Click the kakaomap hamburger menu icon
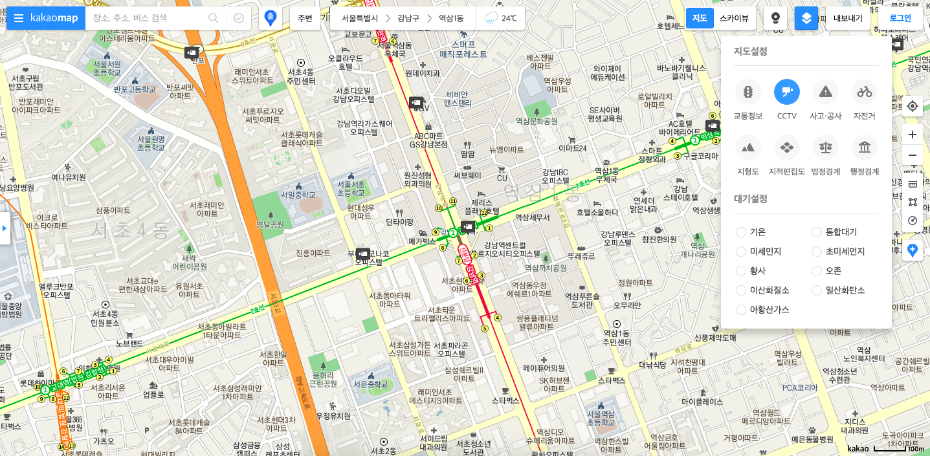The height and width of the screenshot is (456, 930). click(x=19, y=18)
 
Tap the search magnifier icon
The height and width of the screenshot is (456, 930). click(x=213, y=18)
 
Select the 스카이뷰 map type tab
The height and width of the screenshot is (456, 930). click(x=734, y=18)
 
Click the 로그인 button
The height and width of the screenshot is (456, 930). click(x=900, y=18)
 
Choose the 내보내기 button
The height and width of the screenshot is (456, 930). click(x=848, y=18)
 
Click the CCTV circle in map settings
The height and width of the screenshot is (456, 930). click(x=787, y=92)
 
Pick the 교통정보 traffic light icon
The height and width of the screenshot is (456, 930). click(x=748, y=92)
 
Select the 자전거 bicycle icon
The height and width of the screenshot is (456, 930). click(x=865, y=92)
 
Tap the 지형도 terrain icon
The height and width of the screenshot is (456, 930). click(x=748, y=147)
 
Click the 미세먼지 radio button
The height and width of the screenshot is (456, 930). click(x=741, y=252)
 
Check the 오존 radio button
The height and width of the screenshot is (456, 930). click(x=817, y=271)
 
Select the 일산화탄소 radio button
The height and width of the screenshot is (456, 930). click(x=817, y=290)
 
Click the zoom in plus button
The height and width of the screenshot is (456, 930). click(x=913, y=135)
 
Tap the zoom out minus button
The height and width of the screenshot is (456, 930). click(x=913, y=155)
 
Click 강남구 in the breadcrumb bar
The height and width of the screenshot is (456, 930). click(x=408, y=18)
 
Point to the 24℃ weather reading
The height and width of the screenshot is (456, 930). click(x=508, y=18)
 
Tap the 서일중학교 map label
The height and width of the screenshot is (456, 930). click(x=298, y=194)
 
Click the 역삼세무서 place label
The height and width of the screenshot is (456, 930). click(x=532, y=218)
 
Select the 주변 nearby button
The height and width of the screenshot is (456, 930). click(x=305, y=18)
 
